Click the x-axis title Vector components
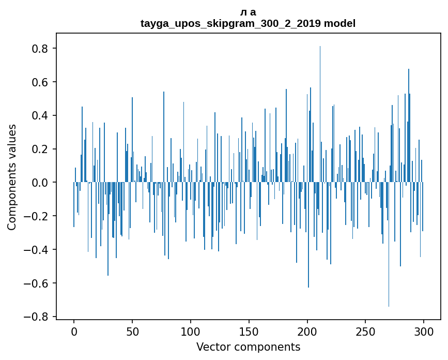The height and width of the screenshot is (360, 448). click(248, 347)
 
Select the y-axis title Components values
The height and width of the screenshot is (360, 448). click(12, 177)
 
